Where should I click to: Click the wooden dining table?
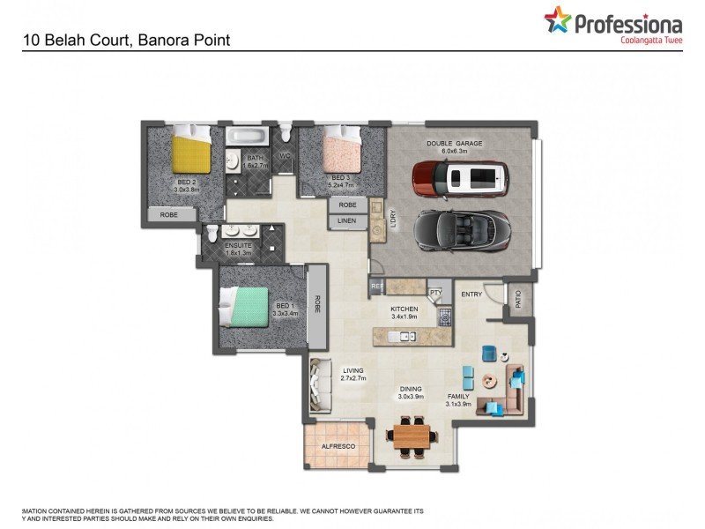[411, 436]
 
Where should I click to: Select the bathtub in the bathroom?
[247, 137]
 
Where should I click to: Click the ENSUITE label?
[237, 246]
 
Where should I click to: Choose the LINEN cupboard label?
[346, 221]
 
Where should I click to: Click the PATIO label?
[518, 300]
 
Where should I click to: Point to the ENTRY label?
[471, 294]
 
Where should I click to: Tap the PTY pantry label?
[435, 293]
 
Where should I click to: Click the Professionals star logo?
[557, 19]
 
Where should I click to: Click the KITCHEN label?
[404, 309]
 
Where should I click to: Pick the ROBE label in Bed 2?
[170, 214]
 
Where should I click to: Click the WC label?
[285, 157]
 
